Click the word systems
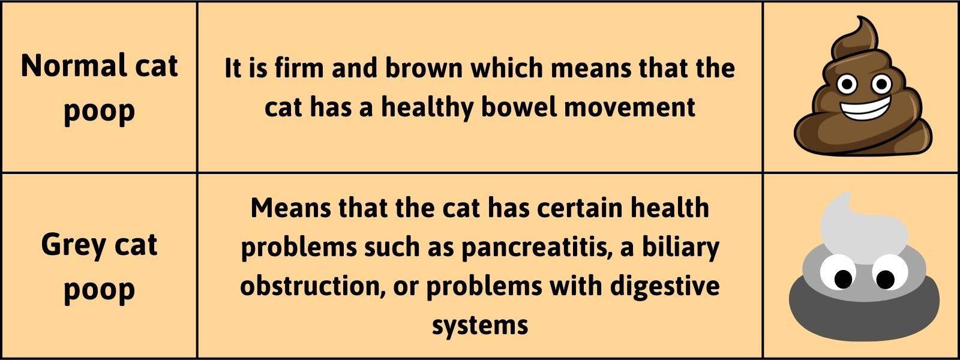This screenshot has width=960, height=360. click(480, 326)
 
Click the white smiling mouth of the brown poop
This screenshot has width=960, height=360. click(865, 110)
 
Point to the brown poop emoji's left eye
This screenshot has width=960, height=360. click(847, 84)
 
